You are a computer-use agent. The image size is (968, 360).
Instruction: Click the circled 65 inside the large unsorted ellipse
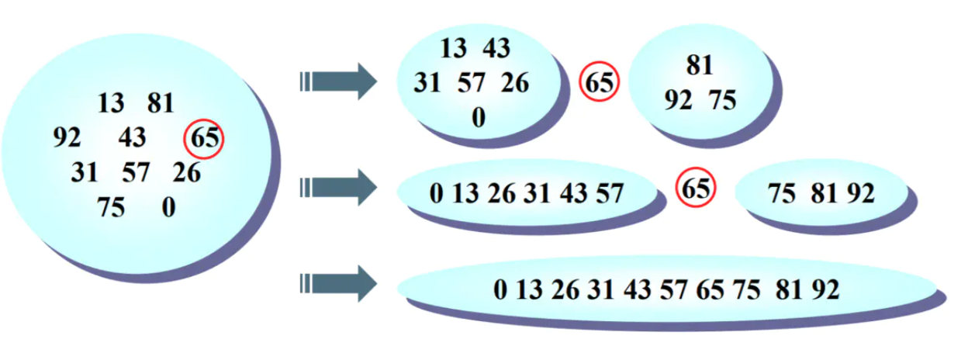[204, 140]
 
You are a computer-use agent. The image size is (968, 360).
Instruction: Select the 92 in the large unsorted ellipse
[67, 138]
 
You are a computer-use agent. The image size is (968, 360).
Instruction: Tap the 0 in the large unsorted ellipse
[168, 208]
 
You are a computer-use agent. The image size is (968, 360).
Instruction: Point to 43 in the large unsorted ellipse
[132, 138]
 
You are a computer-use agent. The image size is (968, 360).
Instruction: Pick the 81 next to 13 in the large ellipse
[160, 103]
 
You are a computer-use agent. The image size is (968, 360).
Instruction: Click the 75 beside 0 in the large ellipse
[111, 208]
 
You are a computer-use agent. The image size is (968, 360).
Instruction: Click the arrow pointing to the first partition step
[338, 81]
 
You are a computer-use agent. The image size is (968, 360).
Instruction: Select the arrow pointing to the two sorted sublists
[338, 188]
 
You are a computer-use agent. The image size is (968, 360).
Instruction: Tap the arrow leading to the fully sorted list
[338, 283]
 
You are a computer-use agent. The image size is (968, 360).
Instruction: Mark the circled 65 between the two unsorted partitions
[599, 83]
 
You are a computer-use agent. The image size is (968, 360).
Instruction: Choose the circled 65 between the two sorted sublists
[696, 188]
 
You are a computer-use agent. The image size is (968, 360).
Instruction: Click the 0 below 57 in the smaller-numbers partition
[479, 117]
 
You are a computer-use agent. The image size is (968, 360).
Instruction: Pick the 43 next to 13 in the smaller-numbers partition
[496, 49]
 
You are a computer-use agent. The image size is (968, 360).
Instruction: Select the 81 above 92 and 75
[700, 66]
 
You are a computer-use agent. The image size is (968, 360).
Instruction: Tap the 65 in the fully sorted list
[710, 290]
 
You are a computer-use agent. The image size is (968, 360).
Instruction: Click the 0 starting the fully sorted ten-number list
[500, 290]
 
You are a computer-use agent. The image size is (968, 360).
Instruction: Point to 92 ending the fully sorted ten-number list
[825, 290]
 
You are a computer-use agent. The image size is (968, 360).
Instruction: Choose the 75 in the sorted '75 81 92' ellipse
[783, 194]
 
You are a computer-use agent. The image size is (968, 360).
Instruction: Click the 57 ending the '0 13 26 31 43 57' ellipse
[609, 194]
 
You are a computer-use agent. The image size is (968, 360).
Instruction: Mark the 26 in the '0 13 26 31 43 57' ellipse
[501, 194]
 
